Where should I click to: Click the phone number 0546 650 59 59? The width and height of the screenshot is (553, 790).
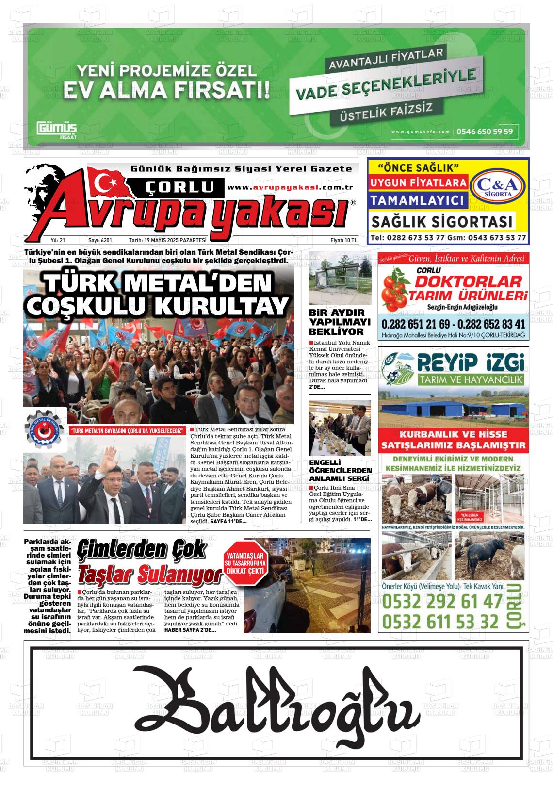tap(485, 132)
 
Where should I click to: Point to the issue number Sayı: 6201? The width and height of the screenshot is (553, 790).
tap(100, 240)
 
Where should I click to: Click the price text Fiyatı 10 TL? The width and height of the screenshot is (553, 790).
tap(343, 240)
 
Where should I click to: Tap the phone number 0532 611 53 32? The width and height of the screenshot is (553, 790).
tap(440, 621)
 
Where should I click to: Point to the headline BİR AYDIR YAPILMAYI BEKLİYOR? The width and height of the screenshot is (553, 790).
tap(340, 322)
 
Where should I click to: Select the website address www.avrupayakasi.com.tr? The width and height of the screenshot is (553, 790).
tap(290, 188)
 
